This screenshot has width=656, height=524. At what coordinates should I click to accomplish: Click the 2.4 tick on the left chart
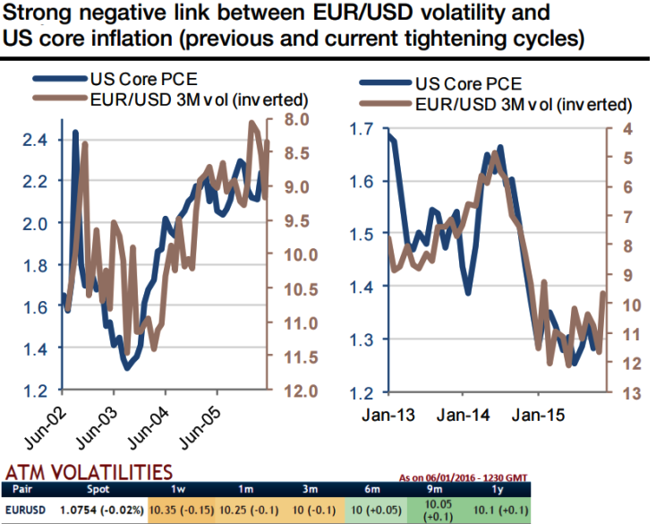[x=35, y=140]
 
